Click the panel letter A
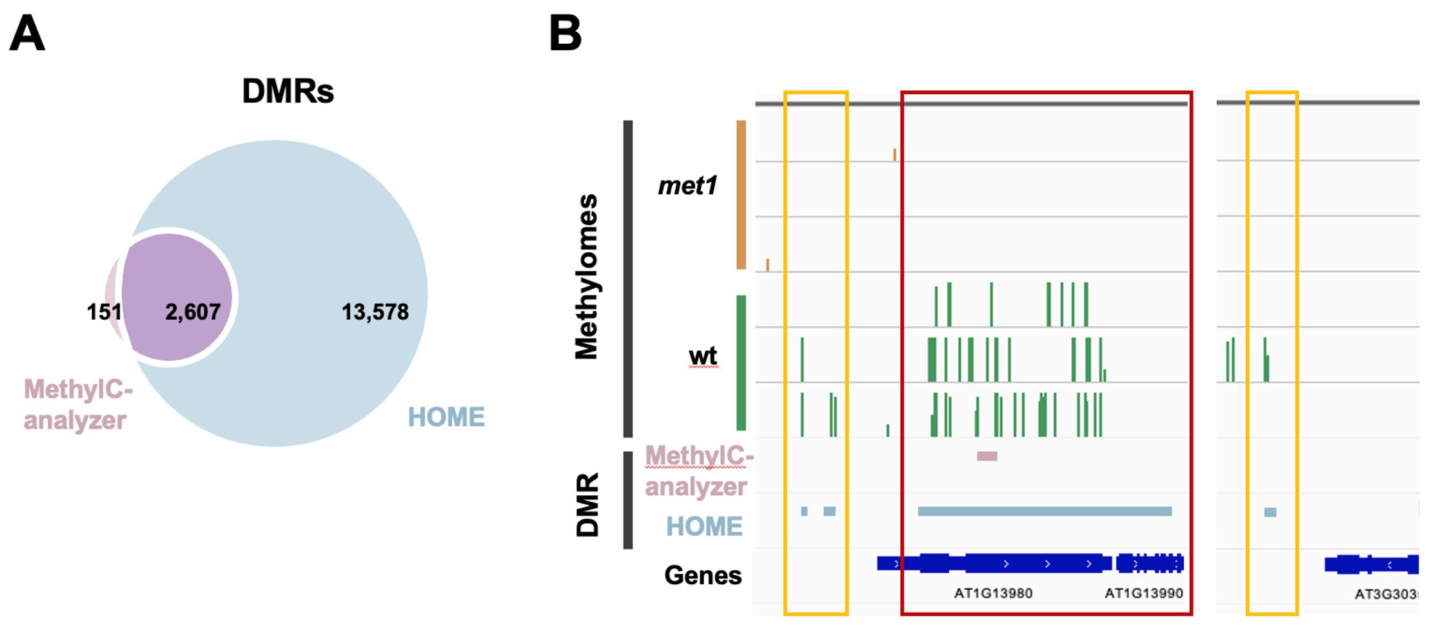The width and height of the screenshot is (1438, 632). (x=27, y=34)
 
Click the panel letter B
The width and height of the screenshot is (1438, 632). (x=565, y=34)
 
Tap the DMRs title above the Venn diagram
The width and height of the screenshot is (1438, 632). (x=288, y=92)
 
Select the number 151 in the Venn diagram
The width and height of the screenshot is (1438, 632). (x=104, y=312)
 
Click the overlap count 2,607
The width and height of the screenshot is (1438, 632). (x=193, y=312)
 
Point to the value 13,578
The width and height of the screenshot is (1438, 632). (x=375, y=312)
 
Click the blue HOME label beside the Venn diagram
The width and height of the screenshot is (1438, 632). (x=446, y=417)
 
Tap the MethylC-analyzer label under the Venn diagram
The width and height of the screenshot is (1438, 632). (x=77, y=405)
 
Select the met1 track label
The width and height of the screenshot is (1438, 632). (x=687, y=186)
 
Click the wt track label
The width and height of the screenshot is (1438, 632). (x=703, y=356)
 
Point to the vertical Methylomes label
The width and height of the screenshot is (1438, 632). (x=587, y=277)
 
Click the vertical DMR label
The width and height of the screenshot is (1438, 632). (x=587, y=505)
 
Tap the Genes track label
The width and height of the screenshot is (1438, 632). (x=703, y=575)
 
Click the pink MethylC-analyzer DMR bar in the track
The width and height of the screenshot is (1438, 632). (x=987, y=457)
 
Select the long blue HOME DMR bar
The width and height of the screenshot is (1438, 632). (x=1045, y=511)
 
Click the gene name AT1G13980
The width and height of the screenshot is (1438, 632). (x=993, y=593)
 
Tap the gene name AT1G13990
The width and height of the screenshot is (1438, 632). (x=1143, y=593)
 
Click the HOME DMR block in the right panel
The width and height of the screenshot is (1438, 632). (x=1270, y=512)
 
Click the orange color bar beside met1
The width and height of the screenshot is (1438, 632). (x=741, y=194)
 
